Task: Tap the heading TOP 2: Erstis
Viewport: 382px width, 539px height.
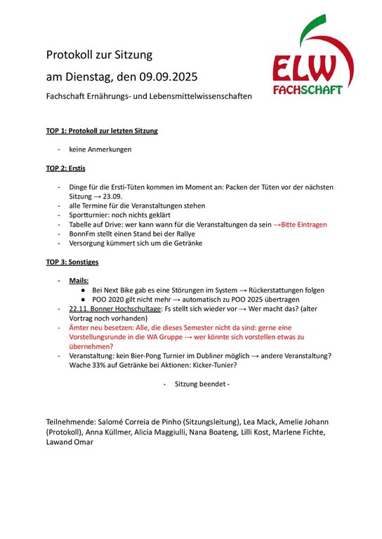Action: tap(66, 168)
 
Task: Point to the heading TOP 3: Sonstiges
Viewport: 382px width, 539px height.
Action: tap(72, 262)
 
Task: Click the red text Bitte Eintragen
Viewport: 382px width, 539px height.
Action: tap(303, 225)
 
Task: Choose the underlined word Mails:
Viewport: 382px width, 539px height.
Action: tap(79, 280)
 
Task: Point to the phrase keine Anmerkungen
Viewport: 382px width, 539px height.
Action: tap(100, 149)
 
